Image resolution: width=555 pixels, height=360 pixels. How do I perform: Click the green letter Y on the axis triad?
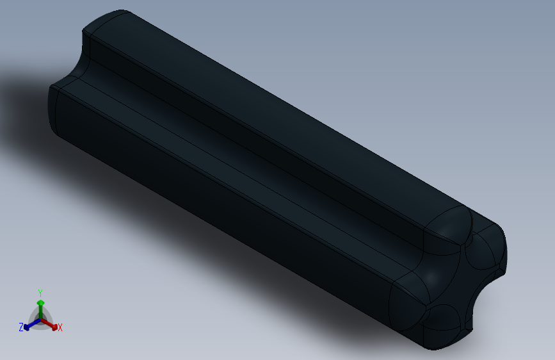[40, 291]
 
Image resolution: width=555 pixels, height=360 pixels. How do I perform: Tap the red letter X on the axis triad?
[60, 328]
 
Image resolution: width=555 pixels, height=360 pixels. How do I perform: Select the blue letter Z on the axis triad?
[21, 327]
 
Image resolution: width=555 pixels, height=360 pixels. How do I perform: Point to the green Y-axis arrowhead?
[40, 302]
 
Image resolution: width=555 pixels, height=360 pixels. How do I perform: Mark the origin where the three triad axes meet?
[40, 319]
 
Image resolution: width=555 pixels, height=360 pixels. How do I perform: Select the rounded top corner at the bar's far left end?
[106, 22]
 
